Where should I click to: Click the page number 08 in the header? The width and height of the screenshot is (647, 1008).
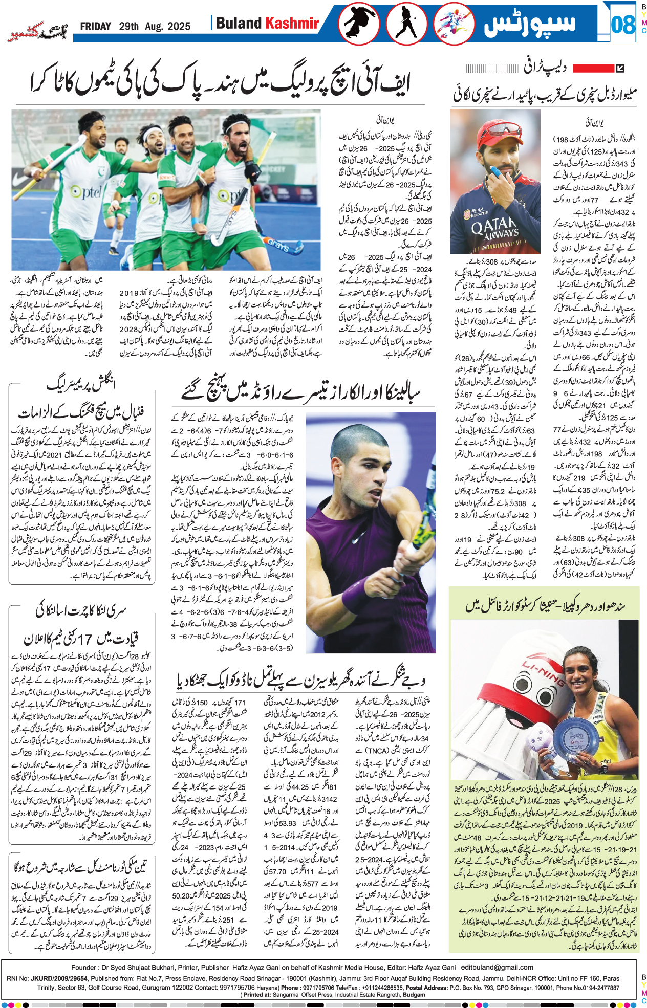pos(623,25)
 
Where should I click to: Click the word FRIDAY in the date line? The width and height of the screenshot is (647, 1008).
pos(95,27)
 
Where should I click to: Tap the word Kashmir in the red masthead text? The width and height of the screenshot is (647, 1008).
pos(292,23)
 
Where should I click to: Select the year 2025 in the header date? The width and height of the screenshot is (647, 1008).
pos(179,27)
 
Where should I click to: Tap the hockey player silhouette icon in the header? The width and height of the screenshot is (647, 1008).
pos(406,24)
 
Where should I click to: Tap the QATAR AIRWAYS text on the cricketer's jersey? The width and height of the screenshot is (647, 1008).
pos(495,228)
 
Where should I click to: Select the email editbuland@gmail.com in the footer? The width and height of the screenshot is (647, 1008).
pos(497,967)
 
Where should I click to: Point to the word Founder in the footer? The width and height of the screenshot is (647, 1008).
pos(84,967)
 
